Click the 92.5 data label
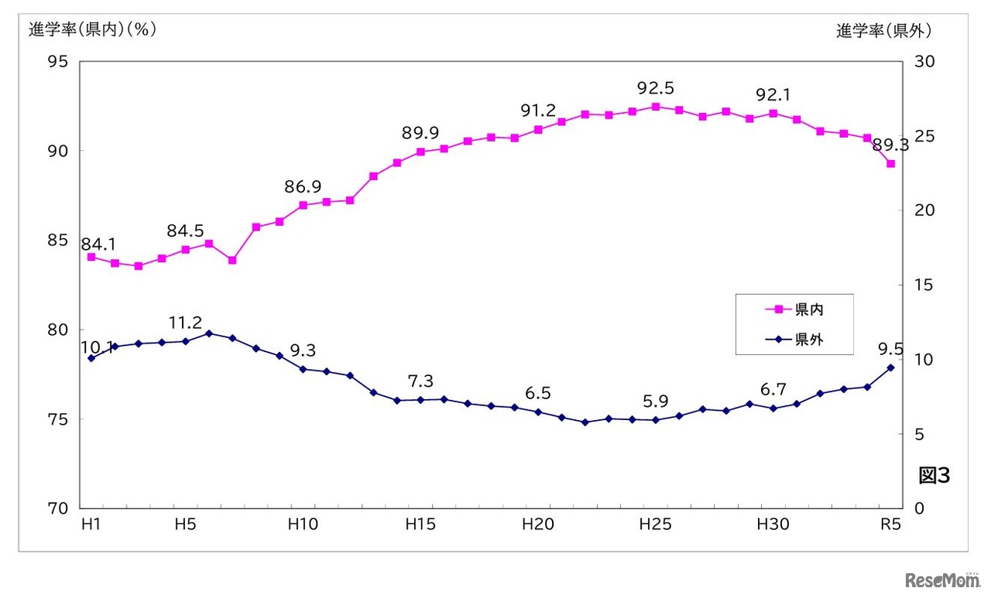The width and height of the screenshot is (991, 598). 656,87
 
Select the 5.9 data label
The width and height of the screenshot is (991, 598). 655,402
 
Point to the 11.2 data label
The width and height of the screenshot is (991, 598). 186,322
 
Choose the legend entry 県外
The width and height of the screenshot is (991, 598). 808,339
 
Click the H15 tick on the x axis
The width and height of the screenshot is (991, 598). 420,525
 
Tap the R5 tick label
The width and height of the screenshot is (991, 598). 890,525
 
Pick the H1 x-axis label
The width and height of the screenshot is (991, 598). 91,525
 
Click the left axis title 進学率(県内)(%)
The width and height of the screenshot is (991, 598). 93,30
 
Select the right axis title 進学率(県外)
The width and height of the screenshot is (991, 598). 883,31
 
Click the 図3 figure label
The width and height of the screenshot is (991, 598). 934,476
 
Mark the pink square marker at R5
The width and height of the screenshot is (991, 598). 891,164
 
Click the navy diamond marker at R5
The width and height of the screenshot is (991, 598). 891,367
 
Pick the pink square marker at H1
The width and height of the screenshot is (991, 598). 91,257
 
